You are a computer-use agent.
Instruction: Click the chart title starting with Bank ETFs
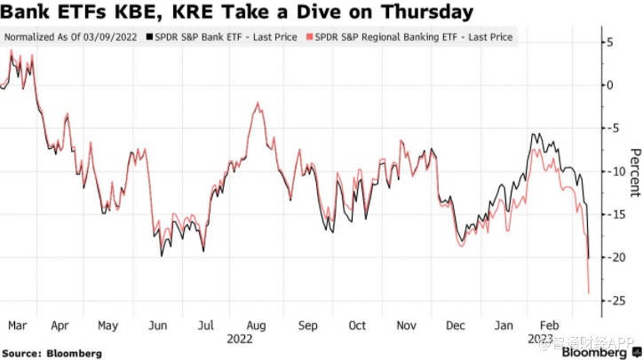[236, 12]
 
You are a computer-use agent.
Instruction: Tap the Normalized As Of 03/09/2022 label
[72, 38]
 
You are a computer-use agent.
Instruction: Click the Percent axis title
[634, 171]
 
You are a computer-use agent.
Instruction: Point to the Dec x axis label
[454, 325]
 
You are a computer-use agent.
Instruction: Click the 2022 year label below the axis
[240, 339]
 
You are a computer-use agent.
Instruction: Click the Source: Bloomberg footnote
[52, 353]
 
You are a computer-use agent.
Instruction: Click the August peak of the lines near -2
[257, 104]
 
